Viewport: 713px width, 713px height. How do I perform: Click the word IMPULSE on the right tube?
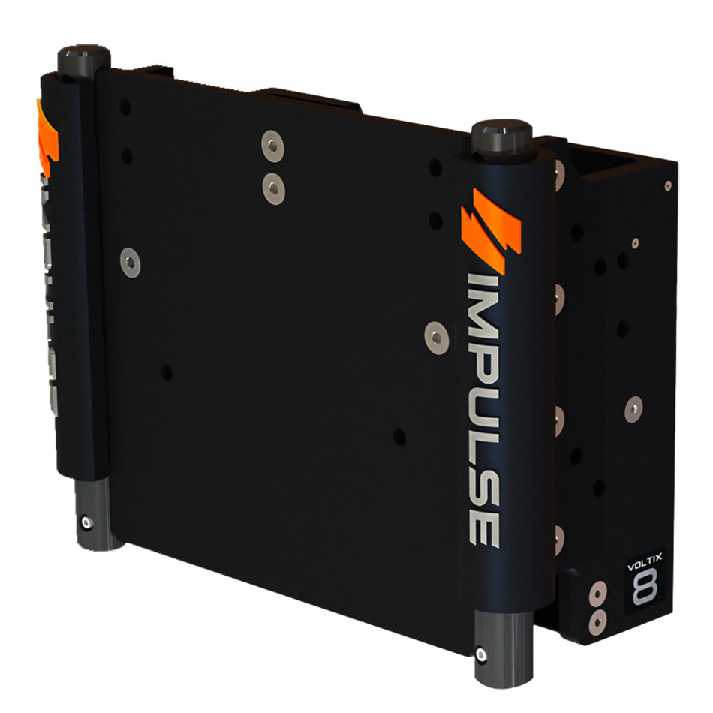pos(483,409)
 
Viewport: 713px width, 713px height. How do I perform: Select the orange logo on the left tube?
pos(47,135)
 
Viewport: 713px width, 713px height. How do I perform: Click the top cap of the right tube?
pos(501,135)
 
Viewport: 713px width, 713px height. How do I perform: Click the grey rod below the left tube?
pos(94,510)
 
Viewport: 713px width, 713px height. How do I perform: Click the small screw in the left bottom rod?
pos(89,522)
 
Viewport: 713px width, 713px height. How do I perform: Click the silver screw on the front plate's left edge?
pos(131,262)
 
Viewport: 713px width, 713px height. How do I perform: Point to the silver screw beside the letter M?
pos(435,336)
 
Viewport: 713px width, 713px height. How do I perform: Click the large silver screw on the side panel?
pos(633,409)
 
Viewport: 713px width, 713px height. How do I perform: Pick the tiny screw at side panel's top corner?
pos(667,185)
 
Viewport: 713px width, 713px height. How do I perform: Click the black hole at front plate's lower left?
pos(166,372)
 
